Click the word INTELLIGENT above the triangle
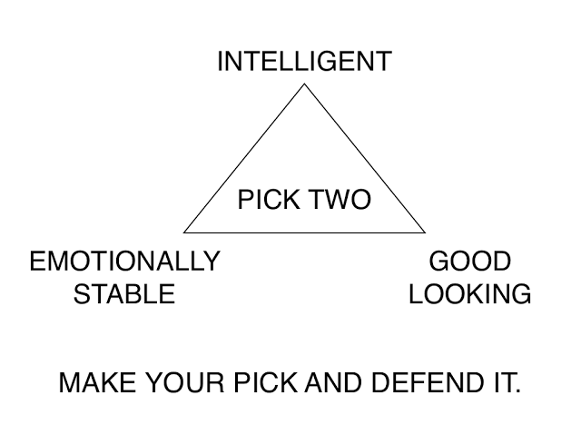[x=304, y=62]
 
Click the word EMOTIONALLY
[x=124, y=262]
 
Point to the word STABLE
[x=124, y=294]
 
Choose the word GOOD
[x=469, y=262]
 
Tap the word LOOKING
[x=469, y=294]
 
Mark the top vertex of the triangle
[x=304, y=84]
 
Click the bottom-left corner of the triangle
[x=184, y=232]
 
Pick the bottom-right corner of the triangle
[x=425, y=232]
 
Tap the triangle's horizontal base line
[x=304, y=232]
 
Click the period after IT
[x=517, y=391]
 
